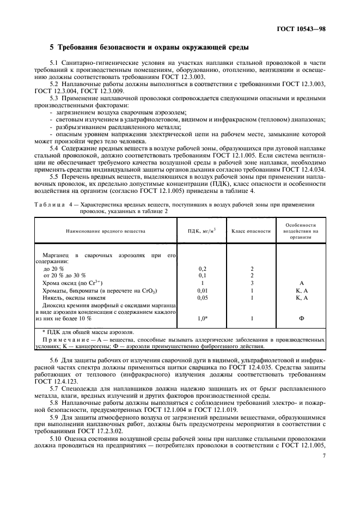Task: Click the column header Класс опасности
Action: [251, 231]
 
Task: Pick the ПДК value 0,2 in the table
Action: [203, 269]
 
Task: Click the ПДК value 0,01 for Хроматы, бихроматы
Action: [203, 291]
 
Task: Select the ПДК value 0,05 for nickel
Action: [203, 298]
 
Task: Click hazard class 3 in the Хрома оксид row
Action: [252, 283]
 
